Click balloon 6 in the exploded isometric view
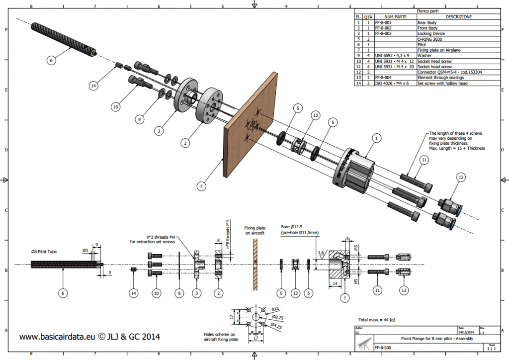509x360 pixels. pyautogui.click(x=51, y=60)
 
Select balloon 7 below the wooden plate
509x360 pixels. pyautogui.click(x=201, y=186)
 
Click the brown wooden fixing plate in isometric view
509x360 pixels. pyautogui.click(x=249, y=124)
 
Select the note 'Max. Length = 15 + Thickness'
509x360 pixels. pyautogui.click(x=457, y=149)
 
